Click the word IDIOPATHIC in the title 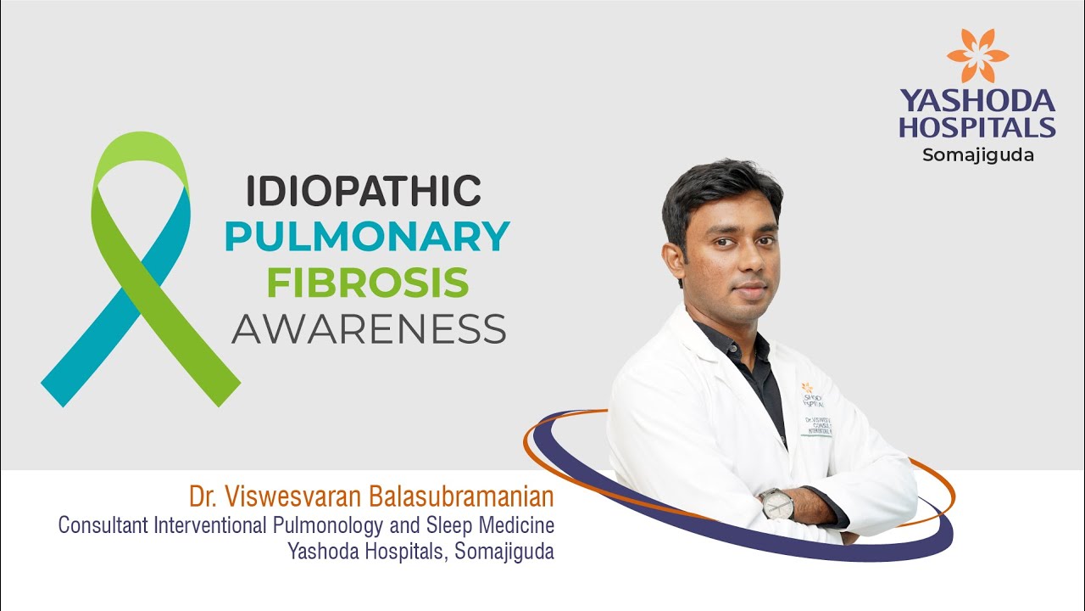click(363, 191)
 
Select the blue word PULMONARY click(366, 237)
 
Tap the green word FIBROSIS click(367, 283)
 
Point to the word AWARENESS click(369, 328)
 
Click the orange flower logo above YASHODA click(977, 56)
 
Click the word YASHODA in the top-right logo click(977, 102)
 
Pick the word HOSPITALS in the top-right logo click(977, 128)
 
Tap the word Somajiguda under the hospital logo click(977, 155)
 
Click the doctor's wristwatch click(776, 504)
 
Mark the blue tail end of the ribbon click(64, 386)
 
